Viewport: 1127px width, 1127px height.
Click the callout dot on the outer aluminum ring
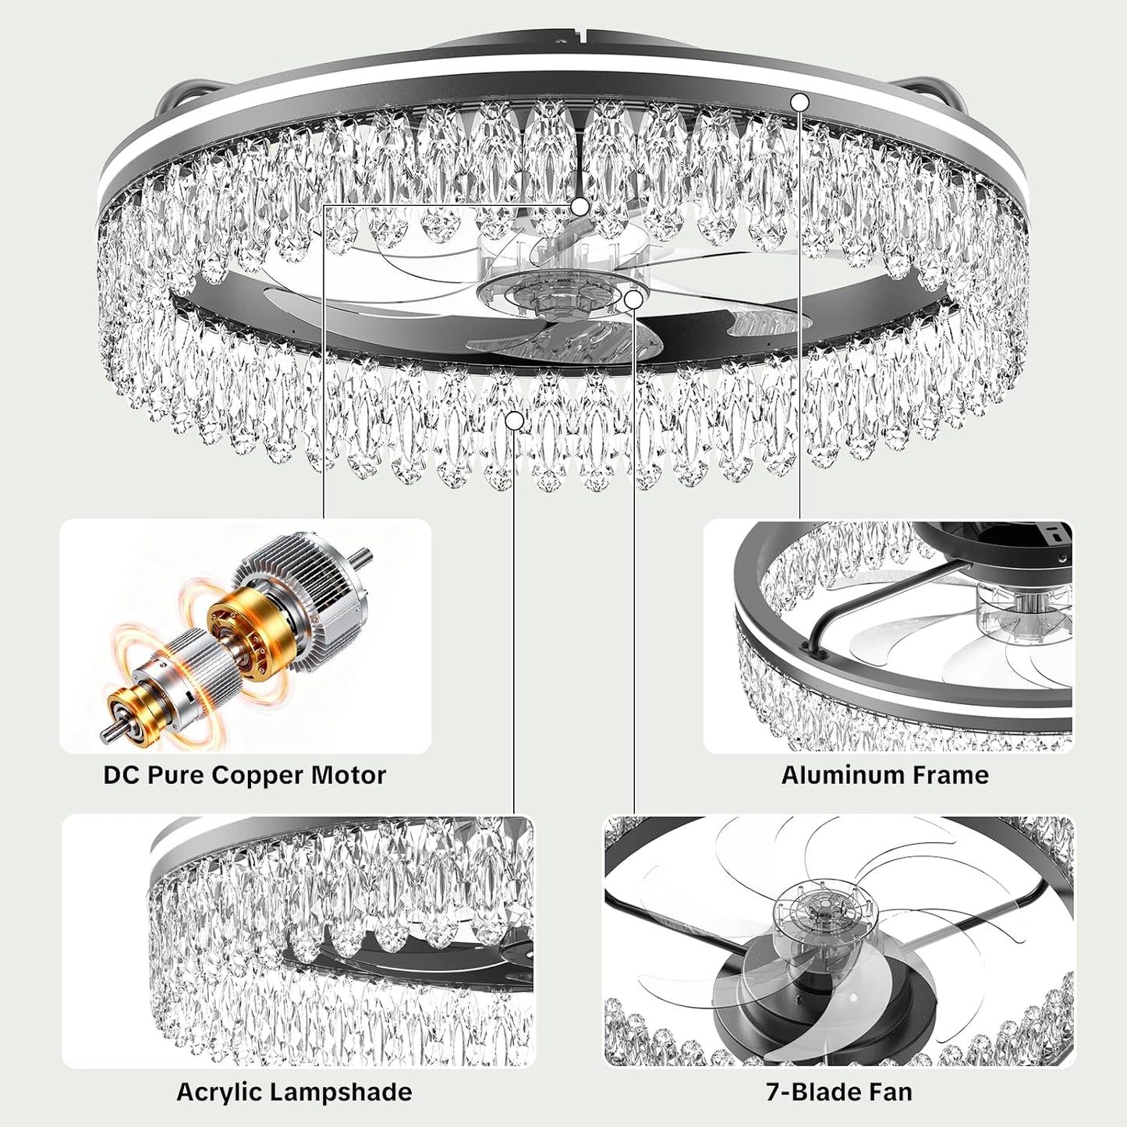point(800,102)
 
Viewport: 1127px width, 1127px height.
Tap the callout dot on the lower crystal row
point(514,420)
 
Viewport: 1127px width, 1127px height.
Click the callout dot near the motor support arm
point(579,206)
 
